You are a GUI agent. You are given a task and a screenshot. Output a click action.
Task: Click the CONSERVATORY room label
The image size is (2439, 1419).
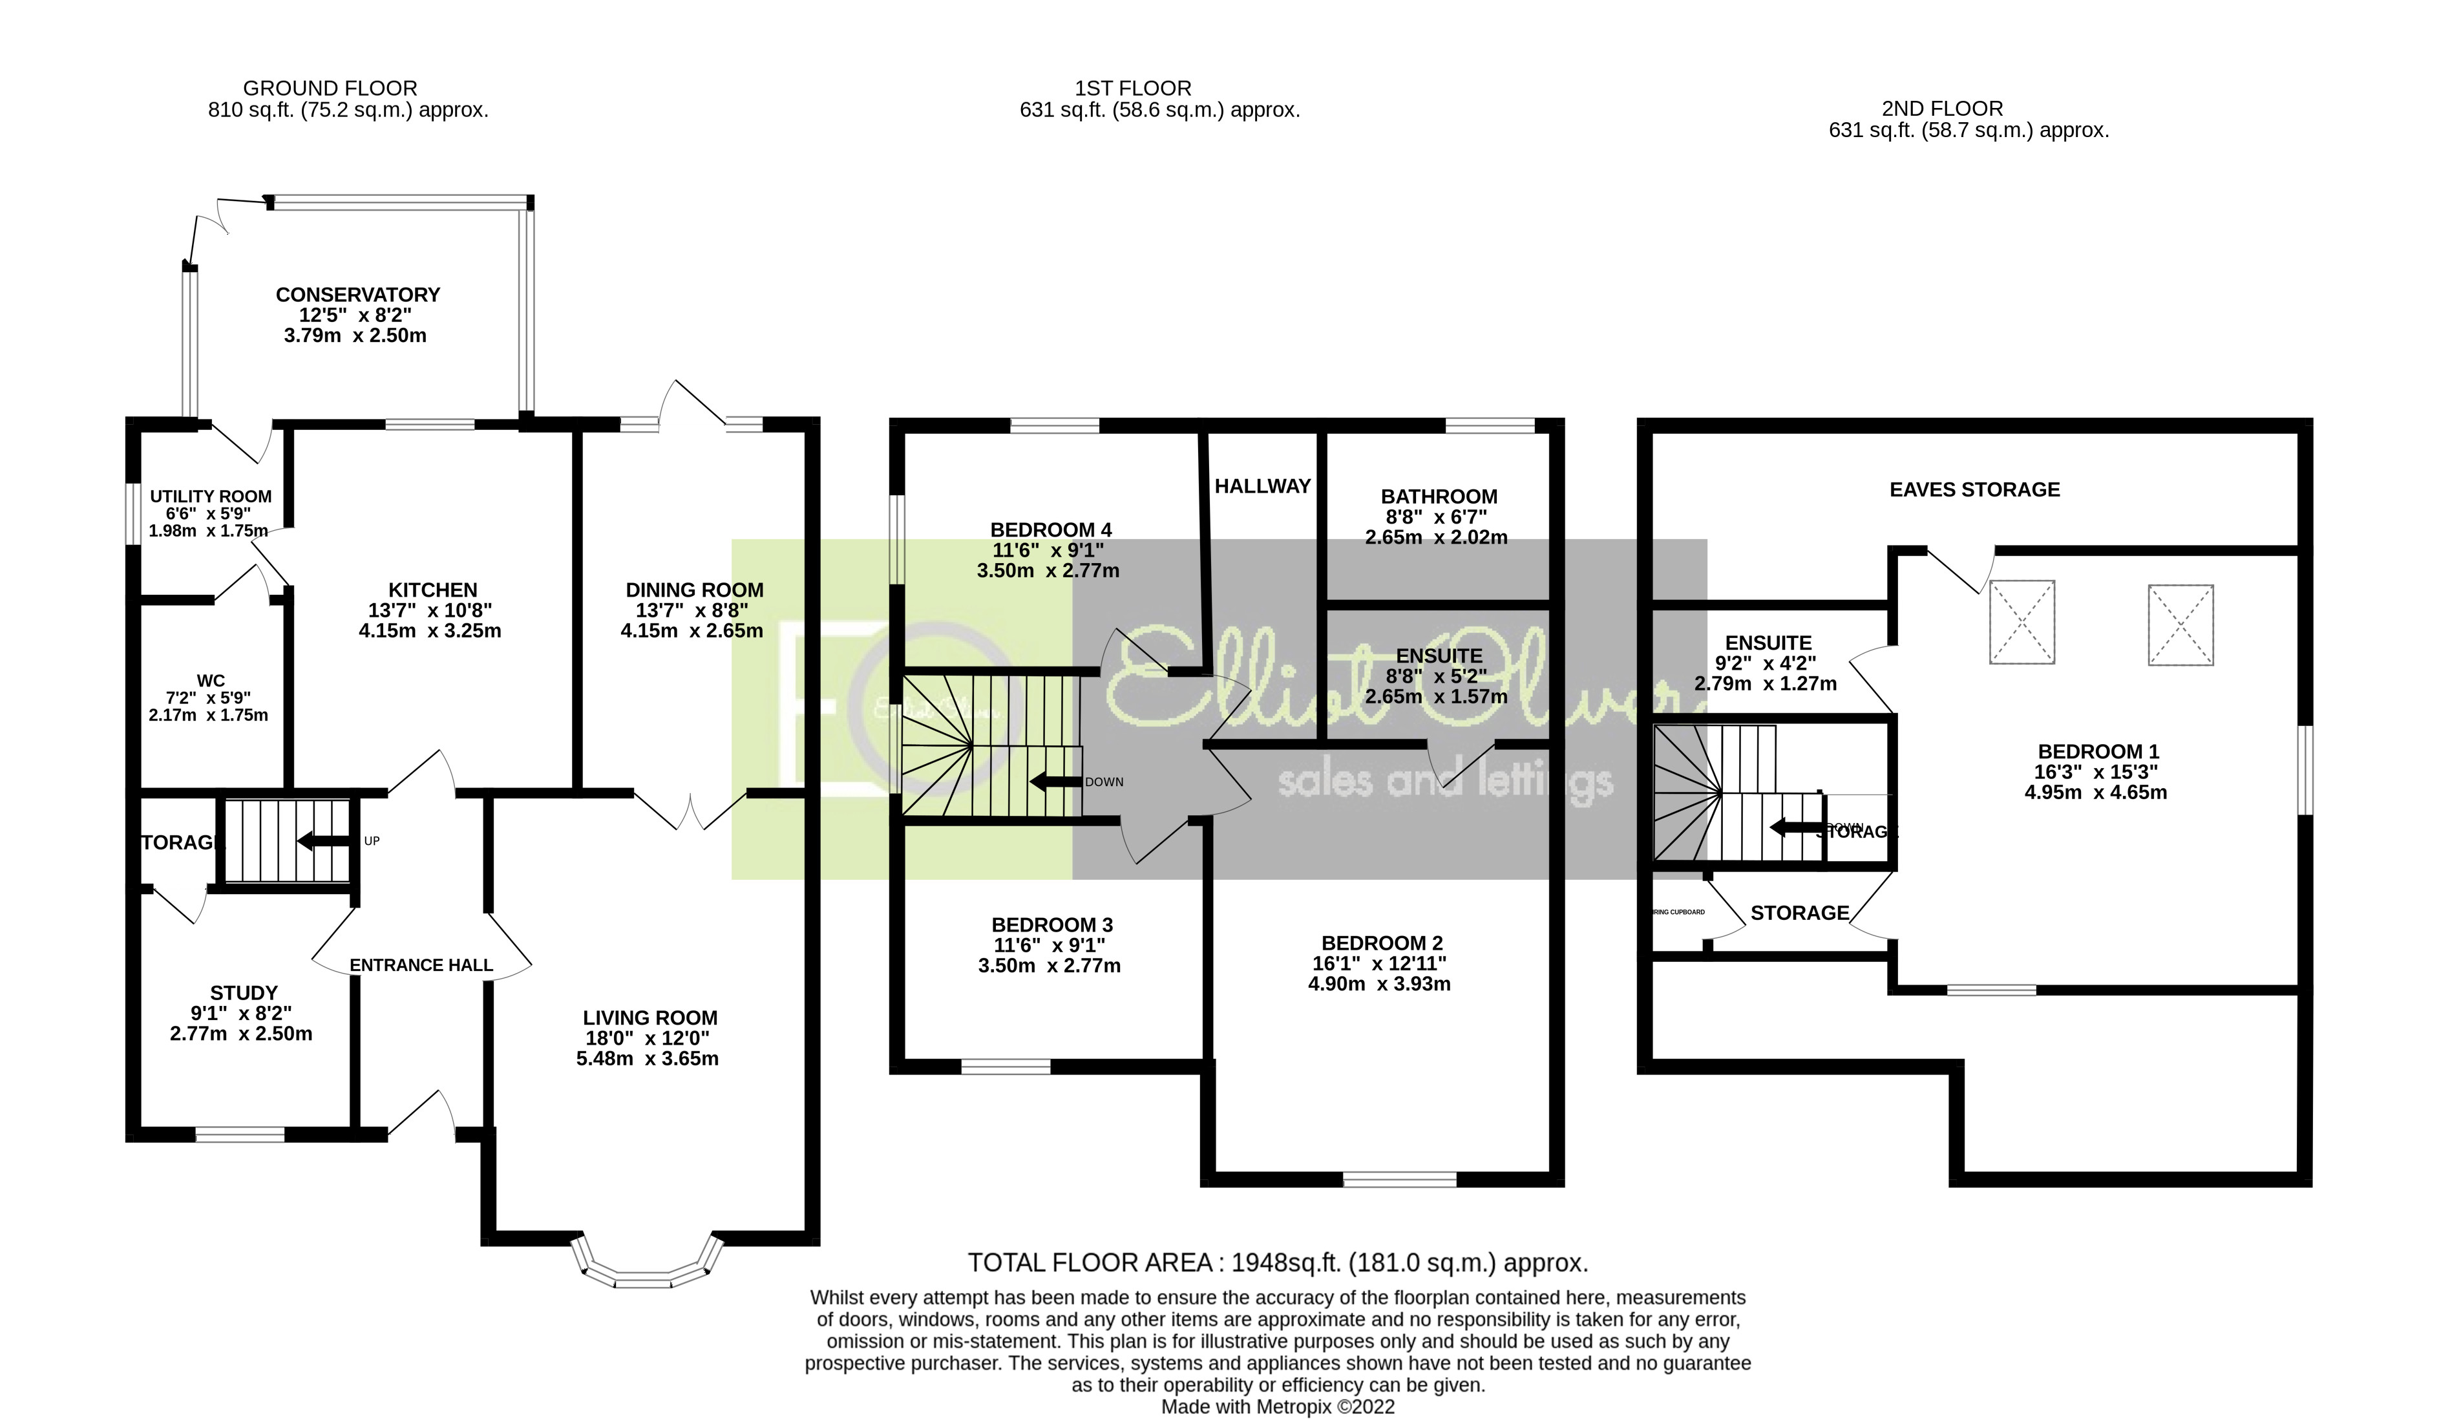click(357, 294)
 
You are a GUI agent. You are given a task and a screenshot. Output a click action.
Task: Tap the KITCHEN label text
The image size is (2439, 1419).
click(432, 590)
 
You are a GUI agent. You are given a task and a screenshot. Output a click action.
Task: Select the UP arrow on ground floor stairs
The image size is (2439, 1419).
click(324, 841)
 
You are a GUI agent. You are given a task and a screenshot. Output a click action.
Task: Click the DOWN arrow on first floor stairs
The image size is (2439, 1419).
click(1054, 781)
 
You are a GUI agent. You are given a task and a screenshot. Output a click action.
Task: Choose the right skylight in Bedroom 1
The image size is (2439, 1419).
click(2180, 624)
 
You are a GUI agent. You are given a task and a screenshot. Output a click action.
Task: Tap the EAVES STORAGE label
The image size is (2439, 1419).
click(1974, 490)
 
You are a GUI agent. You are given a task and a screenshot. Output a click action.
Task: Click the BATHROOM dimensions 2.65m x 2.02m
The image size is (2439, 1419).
click(1436, 537)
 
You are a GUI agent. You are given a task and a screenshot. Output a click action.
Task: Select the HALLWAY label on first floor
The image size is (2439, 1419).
click(1262, 486)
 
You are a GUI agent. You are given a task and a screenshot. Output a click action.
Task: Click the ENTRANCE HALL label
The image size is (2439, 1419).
click(421, 965)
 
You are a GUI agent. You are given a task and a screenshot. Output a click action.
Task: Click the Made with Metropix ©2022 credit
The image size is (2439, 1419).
click(1278, 1407)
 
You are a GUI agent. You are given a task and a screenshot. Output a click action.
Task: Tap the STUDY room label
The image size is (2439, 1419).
click(244, 993)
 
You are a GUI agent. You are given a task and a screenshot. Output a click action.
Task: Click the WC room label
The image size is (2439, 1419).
click(210, 681)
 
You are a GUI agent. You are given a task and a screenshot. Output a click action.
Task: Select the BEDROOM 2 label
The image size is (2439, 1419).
click(1382, 943)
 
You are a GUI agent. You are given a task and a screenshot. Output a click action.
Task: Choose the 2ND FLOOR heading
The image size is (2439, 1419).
click(1941, 109)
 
